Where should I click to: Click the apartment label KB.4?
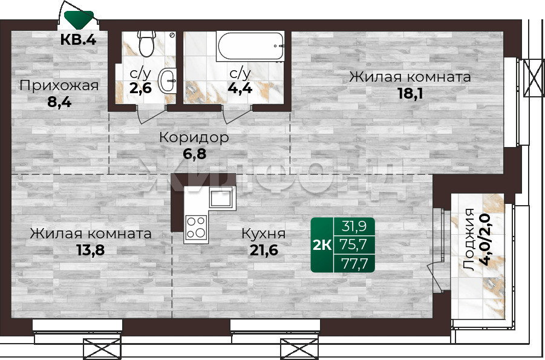click(x=78, y=39)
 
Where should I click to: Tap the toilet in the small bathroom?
click(x=146, y=43)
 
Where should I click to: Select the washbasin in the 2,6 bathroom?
click(x=167, y=80)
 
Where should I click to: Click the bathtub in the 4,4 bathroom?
click(x=250, y=46)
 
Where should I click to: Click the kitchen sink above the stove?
click(x=221, y=197)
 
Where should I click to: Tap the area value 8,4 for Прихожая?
click(x=59, y=103)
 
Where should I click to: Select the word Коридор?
click(x=194, y=137)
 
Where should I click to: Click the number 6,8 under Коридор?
click(x=195, y=154)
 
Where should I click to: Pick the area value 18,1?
click(x=410, y=93)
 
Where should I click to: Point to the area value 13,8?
click(x=91, y=250)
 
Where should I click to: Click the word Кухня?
click(x=264, y=234)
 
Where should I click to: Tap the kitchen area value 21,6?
click(x=264, y=250)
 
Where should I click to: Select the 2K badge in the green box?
click(x=322, y=245)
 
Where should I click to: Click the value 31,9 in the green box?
click(x=354, y=226)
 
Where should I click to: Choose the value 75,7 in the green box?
click(x=354, y=244)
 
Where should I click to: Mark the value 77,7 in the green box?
click(x=354, y=263)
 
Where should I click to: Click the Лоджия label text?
click(x=469, y=240)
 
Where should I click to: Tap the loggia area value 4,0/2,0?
click(x=486, y=240)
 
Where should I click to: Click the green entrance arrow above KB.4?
click(x=79, y=19)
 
